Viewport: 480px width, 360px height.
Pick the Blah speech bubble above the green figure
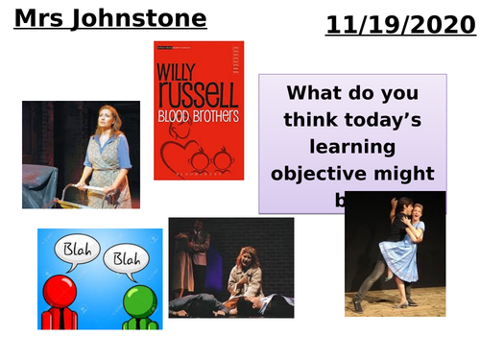pyautogui.click(x=122, y=259)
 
